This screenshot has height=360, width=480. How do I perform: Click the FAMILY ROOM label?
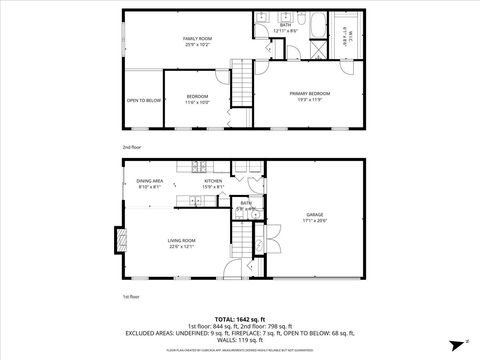(196, 37)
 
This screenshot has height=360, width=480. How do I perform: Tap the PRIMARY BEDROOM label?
(309, 93)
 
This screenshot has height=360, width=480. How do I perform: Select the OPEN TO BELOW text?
(143, 100)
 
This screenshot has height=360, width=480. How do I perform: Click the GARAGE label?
(314, 214)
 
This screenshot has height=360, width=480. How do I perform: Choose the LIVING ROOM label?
(181, 240)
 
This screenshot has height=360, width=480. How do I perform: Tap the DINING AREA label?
(150, 180)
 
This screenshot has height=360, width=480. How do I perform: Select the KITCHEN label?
(213, 181)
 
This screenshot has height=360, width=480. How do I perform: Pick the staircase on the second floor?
(242, 80)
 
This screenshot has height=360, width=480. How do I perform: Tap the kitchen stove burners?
(201, 165)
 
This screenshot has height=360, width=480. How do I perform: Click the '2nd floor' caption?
(130, 146)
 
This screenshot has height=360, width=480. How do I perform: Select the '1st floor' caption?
(130, 297)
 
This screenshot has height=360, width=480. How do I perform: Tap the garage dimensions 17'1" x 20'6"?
(314, 221)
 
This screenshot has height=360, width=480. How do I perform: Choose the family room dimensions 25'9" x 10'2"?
(196, 43)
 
